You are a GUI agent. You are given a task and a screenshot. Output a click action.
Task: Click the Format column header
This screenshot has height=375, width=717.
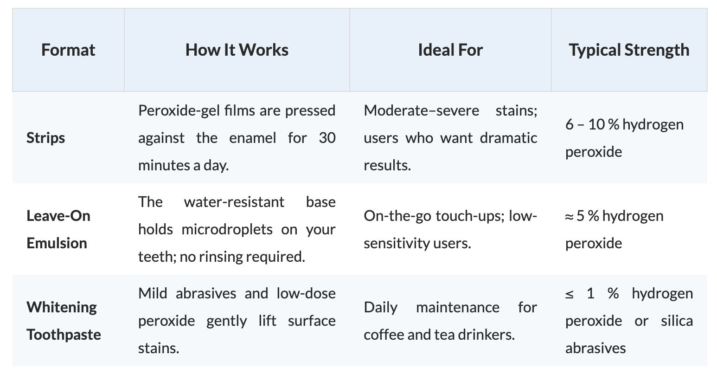(68, 50)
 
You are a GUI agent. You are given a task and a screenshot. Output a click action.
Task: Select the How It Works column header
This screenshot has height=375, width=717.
(237, 50)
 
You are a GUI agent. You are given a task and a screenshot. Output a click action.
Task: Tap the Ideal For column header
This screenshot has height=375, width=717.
(450, 50)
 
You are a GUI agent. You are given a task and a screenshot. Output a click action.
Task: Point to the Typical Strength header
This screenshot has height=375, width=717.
(629, 50)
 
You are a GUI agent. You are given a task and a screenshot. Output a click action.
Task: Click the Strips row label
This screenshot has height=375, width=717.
(45, 138)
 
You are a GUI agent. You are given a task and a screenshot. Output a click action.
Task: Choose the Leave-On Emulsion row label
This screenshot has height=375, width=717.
(58, 229)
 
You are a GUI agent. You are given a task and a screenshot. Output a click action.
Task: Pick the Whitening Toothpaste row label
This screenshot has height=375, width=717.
(64, 321)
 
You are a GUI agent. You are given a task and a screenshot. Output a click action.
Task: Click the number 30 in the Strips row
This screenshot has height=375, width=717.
(327, 138)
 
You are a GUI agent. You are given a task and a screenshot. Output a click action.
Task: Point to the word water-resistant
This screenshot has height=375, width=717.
(234, 202)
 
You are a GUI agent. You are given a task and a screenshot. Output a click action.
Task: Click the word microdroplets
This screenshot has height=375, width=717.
(227, 229)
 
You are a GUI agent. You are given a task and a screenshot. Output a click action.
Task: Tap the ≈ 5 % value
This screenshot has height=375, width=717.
(582, 216)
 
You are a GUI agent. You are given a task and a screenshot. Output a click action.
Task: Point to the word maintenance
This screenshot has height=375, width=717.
(457, 307)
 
